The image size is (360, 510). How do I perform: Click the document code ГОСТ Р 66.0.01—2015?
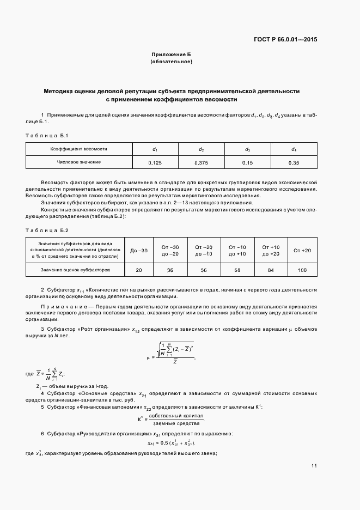point(285,39)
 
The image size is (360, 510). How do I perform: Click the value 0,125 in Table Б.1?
point(155,162)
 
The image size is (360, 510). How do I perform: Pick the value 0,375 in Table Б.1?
point(201,162)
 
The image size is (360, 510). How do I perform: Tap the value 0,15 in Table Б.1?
point(247,162)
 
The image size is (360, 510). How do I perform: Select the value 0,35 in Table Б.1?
point(294,162)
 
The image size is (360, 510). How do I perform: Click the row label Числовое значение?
point(79,162)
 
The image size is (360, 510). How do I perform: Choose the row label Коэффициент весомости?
point(79,148)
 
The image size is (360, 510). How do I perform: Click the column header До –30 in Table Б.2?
point(139,250)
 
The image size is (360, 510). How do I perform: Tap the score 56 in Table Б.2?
point(203,270)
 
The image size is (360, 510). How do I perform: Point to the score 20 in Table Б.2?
point(139,270)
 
